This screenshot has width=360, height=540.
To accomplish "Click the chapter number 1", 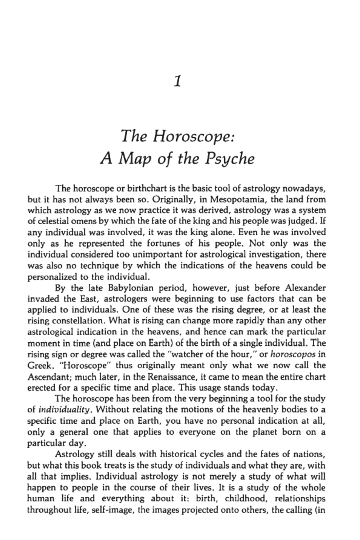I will tap(177, 81).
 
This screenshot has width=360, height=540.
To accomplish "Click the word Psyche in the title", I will tap(229, 159).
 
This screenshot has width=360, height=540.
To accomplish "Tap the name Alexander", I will tap(305, 288).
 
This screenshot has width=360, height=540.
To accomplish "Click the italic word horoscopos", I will tap(293, 354).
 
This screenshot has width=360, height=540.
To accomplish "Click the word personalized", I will tap(52, 277).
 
